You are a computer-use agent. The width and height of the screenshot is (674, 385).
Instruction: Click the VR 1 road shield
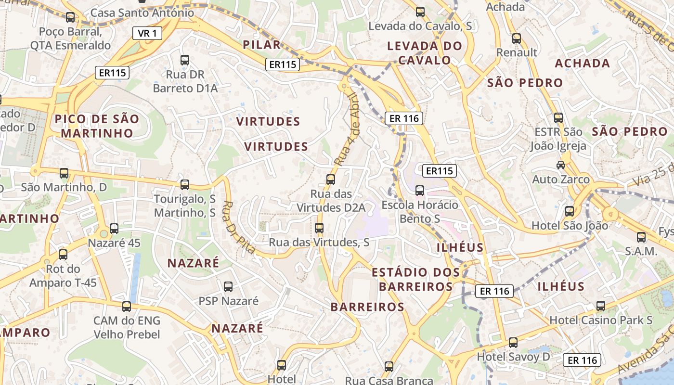tap(147, 33)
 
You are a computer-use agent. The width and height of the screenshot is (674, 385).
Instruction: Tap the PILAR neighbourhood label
tap(261, 45)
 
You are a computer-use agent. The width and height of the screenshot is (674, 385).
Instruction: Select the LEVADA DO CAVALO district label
tap(425, 53)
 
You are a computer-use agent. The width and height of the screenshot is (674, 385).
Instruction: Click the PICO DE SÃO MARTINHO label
tap(97, 126)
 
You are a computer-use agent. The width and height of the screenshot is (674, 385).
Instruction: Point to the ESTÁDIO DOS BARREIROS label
tap(416, 280)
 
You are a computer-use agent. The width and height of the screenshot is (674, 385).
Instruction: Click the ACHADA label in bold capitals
tap(583, 63)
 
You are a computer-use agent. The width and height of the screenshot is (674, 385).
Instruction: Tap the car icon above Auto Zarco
tap(561, 165)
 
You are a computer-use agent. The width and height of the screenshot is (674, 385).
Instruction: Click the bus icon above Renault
tap(517, 38)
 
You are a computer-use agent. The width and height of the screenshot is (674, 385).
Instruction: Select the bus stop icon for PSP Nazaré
tap(228, 287)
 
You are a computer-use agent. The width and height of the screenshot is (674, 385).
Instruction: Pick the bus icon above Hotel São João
tap(570, 211)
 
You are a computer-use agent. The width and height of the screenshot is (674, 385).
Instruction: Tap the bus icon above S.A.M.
tap(641, 237)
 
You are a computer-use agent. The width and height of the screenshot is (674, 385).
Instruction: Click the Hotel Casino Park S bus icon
tap(600, 306)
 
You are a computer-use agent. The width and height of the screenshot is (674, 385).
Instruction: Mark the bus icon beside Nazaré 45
tap(114, 229)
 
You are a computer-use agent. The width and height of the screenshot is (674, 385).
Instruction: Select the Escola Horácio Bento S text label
tap(420, 212)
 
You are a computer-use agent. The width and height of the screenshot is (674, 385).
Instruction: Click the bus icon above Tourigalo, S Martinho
tap(185, 184)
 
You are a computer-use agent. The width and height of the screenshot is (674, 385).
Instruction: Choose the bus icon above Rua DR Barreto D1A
tap(185, 60)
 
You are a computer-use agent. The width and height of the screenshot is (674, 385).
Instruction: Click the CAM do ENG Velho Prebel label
tap(127, 327)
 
